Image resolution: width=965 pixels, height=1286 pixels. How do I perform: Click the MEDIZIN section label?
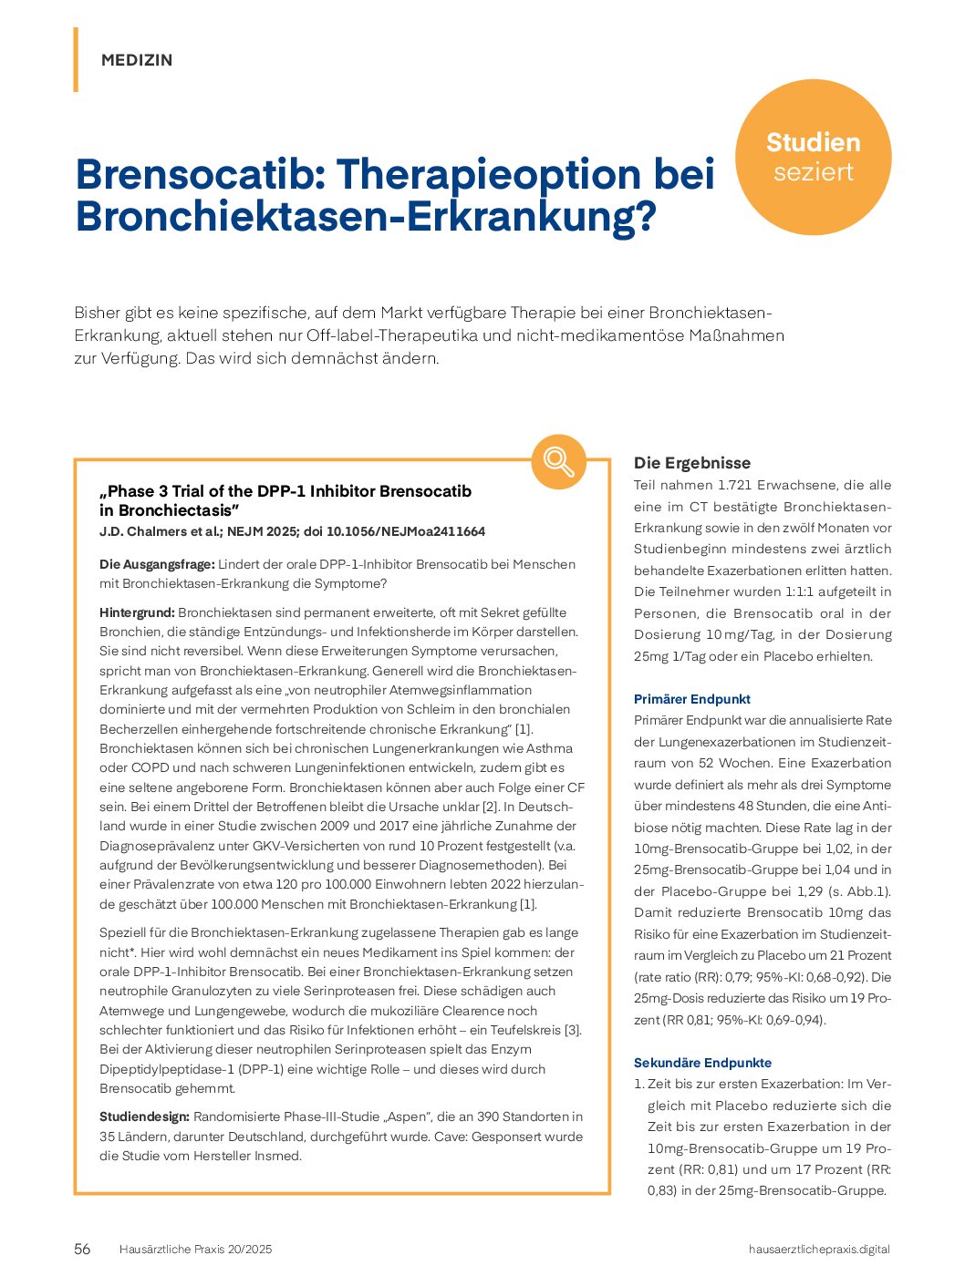tap(137, 60)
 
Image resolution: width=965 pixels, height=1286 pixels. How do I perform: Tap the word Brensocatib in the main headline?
tap(200, 174)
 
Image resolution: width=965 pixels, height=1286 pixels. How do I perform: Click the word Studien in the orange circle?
tap(813, 142)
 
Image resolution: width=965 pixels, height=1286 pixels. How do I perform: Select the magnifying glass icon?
tap(558, 461)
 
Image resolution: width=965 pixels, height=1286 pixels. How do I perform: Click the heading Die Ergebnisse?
tap(692, 463)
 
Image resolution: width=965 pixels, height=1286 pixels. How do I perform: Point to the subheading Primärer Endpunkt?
tap(692, 699)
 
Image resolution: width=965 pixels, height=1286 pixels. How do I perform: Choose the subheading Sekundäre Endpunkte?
tap(702, 1063)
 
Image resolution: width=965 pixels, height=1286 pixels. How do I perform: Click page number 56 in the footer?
tap(82, 1250)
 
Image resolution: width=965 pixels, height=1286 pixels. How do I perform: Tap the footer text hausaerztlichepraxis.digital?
tap(818, 1250)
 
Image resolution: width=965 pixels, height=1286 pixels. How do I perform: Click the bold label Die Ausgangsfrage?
tap(157, 564)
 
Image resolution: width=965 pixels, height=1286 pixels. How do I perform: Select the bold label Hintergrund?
tap(137, 612)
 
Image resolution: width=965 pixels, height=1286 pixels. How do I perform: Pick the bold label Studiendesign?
tap(144, 1116)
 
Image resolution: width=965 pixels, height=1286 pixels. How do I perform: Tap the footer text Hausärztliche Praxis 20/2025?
tap(195, 1250)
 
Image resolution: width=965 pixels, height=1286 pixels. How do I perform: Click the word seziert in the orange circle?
tap(813, 172)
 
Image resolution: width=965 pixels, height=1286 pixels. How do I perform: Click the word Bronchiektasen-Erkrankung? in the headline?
tap(365, 217)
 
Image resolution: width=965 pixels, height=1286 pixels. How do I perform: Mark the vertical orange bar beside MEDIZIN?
tap(76, 60)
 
